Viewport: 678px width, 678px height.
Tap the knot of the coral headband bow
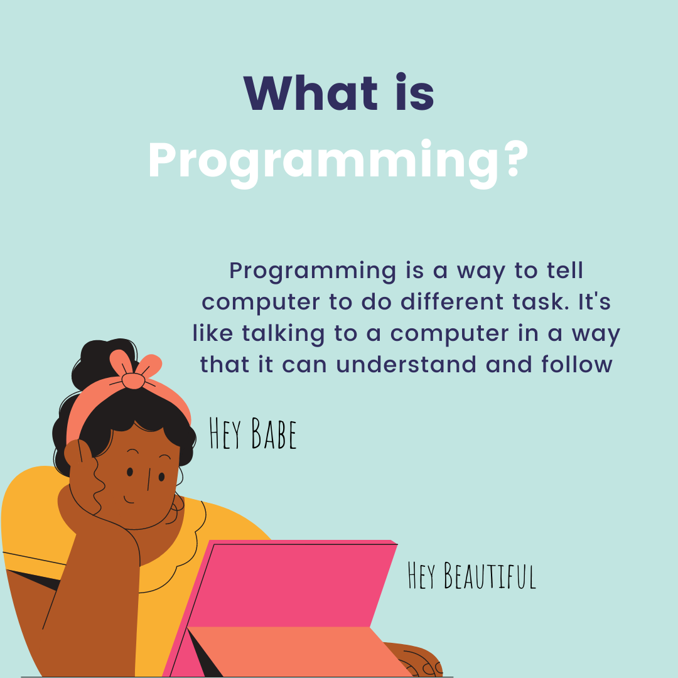coord(132,380)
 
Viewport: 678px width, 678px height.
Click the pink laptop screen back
coord(295,584)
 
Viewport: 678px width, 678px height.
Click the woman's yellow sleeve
coord(31,521)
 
